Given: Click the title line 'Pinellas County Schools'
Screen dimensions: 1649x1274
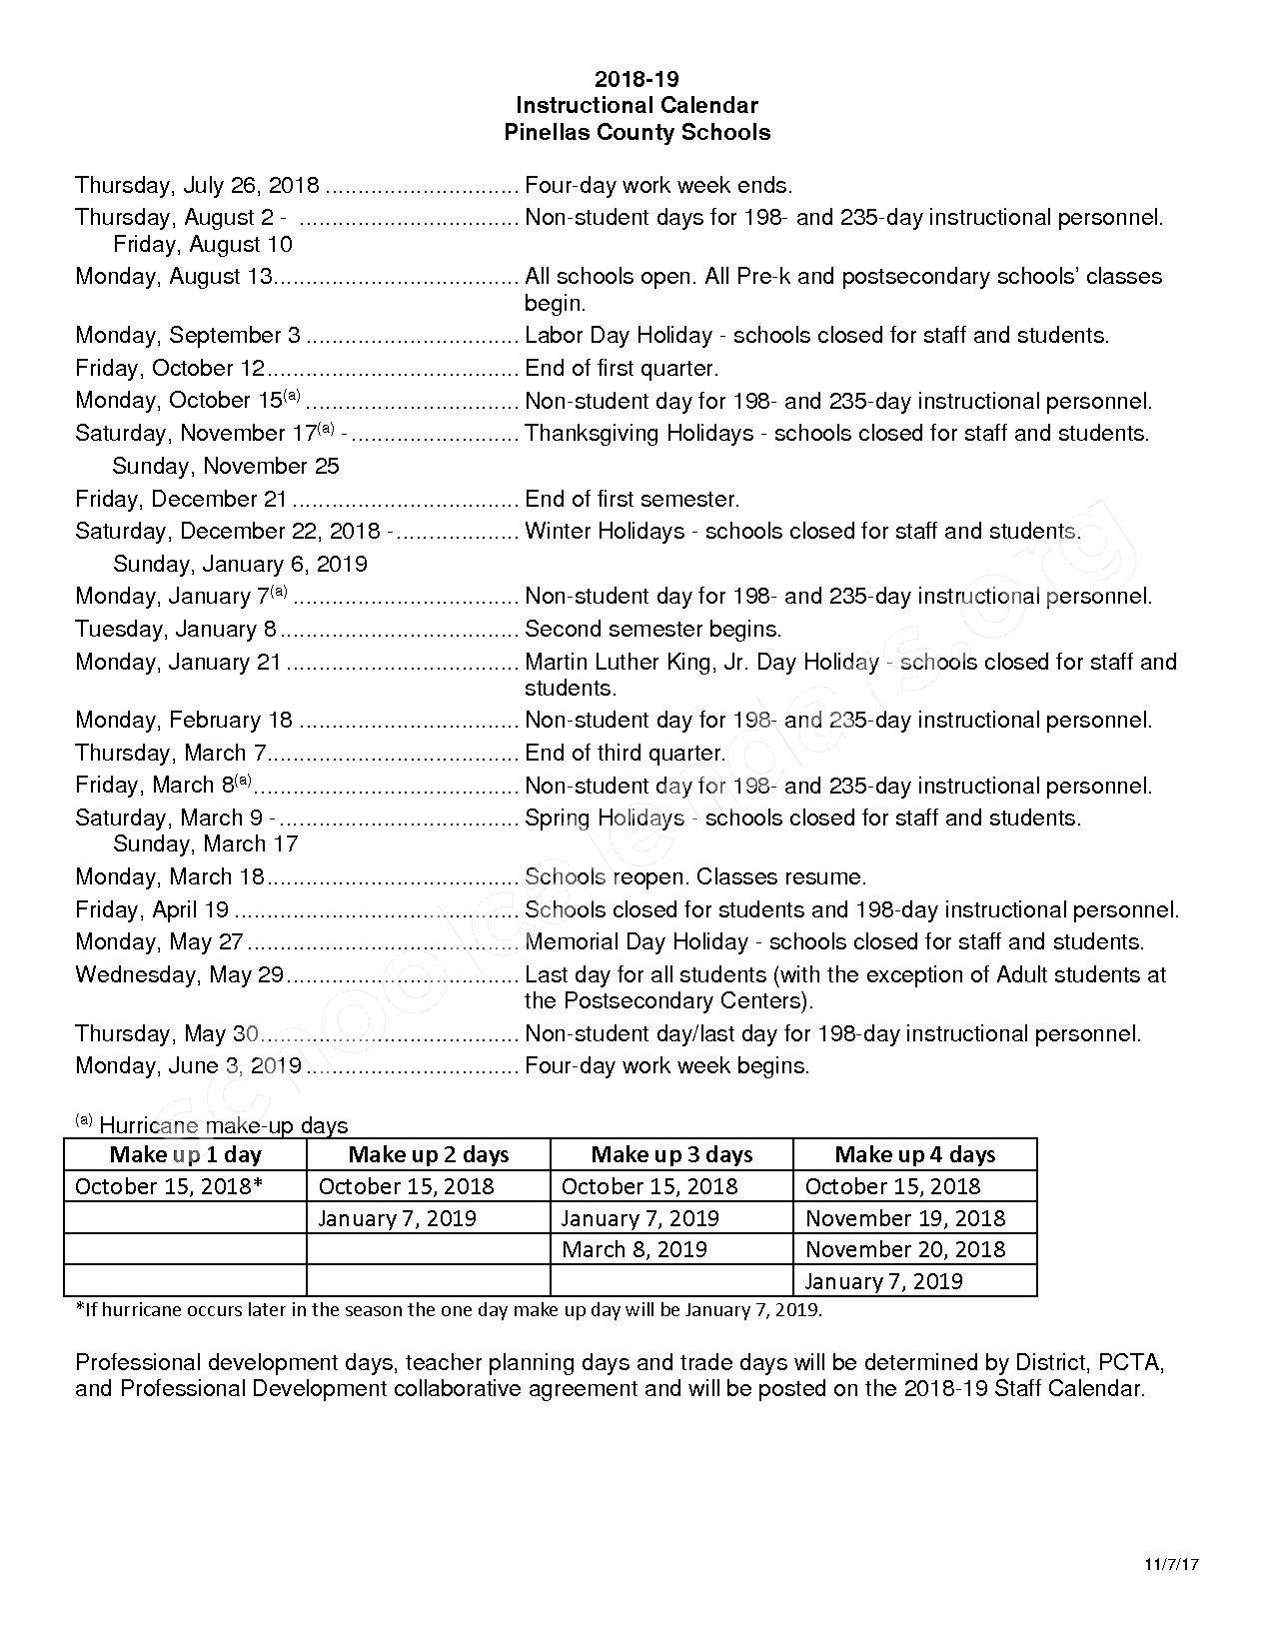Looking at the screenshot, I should [637, 132].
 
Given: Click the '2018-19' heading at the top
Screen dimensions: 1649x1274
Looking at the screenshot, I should [637, 79].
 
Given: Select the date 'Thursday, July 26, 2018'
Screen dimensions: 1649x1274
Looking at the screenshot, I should [197, 186].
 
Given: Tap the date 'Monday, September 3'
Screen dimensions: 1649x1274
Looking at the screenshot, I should [187, 336].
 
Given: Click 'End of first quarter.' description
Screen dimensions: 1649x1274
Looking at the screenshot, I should [622, 369].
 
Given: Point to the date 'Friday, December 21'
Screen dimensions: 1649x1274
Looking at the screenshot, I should [181, 500].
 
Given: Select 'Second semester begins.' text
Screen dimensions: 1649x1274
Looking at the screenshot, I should [652, 630].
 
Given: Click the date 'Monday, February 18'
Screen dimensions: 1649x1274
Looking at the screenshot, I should [184, 721].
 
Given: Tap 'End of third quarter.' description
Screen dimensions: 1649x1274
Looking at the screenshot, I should [625, 754].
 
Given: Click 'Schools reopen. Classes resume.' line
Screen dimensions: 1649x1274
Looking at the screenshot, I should [694, 877].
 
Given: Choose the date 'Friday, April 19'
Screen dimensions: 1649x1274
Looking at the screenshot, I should [152, 910].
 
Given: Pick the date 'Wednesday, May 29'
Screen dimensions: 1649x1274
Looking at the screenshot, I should [180, 975].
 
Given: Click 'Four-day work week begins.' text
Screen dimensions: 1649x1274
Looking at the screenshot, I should [666, 1066].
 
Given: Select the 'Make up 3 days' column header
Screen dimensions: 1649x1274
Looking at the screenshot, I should [671, 1155].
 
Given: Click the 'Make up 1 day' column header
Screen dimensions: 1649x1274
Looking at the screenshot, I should [185, 1155].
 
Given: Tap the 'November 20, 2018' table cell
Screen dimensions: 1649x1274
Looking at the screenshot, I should [904, 1249].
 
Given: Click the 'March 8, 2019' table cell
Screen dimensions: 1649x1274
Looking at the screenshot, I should [634, 1249].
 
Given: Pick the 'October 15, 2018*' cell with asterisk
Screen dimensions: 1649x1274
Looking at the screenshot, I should [169, 1186].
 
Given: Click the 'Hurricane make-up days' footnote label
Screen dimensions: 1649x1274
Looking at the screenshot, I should [223, 1126].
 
